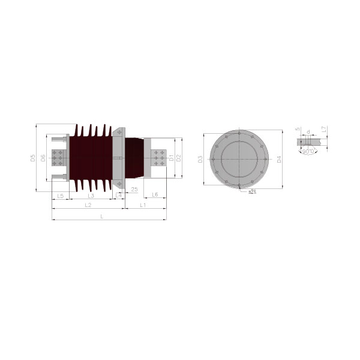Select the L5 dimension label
[x=60, y=196]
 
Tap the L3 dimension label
[x=91, y=196]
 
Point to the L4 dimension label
[x=119, y=196]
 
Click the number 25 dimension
[x=134, y=190]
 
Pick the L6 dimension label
[x=155, y=196]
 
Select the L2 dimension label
[x=88, y=205]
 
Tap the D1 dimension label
[x=171, y=158]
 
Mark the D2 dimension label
[x=179, y=158]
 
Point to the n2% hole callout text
[x=253, y=192]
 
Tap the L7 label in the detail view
[x=323, y=129]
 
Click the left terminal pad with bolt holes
[x=58, y=158]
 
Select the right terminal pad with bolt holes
[x=158, y=158]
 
